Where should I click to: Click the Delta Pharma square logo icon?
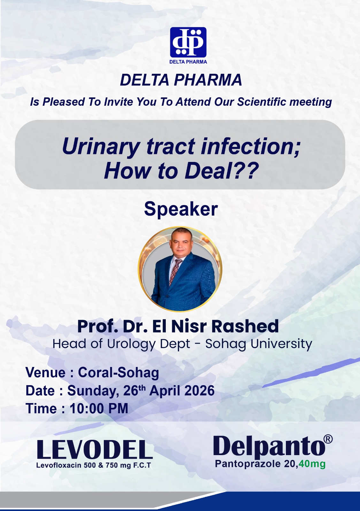point(188,42)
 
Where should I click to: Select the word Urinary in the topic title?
point(101,147)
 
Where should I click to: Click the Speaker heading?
point(181,209)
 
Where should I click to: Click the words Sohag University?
point(258,344)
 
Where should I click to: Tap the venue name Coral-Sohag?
point(119,373)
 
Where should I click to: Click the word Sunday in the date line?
point(91,391)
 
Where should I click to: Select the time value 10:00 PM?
point(99,409)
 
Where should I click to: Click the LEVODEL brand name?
point(95,450)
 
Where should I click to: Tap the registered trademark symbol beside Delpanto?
point(328,439)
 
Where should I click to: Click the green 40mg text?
point(312,464)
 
